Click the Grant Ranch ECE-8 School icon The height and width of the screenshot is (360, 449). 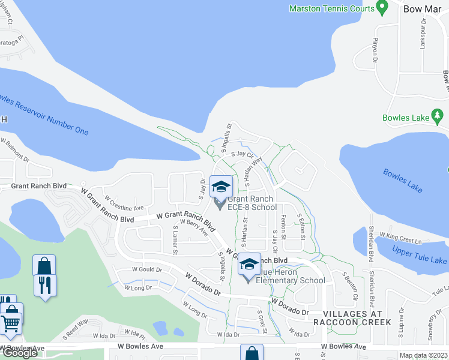[x=221, y=188]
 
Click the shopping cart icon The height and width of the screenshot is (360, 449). [x=11, y=324]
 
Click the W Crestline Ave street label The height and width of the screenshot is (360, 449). [x=124, y=203]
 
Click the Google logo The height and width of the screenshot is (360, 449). [x=19, y=353]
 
